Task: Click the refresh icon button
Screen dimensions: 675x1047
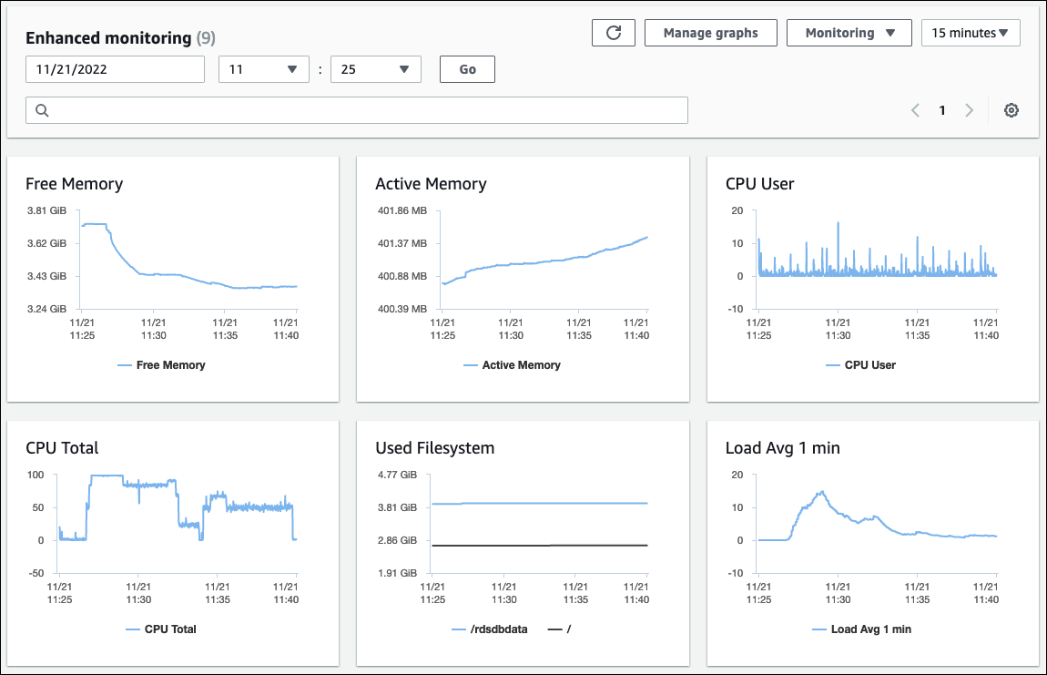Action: tap(614, 33)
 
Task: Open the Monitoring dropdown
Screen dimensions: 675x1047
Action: tap(844, 33)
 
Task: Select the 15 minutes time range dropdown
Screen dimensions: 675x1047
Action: tap(970, 33)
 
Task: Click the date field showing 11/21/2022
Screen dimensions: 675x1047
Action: tap(115, 69)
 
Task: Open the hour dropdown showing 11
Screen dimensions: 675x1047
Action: tap(264, 69)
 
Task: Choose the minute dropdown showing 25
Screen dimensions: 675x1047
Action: tap(375, 69)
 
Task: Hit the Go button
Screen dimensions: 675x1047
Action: tap(467, 69)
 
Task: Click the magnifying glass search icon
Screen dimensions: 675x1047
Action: tap(42, 110)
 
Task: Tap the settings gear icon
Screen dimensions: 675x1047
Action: tap(1011, 110)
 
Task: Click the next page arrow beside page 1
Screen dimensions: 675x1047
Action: tap(969, 110)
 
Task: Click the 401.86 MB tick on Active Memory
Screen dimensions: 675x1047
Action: tap(402, 210)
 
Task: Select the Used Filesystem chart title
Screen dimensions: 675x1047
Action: tap(434, 448)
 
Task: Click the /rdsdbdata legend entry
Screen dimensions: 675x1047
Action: tap(493, 629)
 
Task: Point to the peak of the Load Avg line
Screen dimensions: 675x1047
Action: tap(822, 492)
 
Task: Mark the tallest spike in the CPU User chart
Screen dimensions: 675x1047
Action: tap(838, 222)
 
